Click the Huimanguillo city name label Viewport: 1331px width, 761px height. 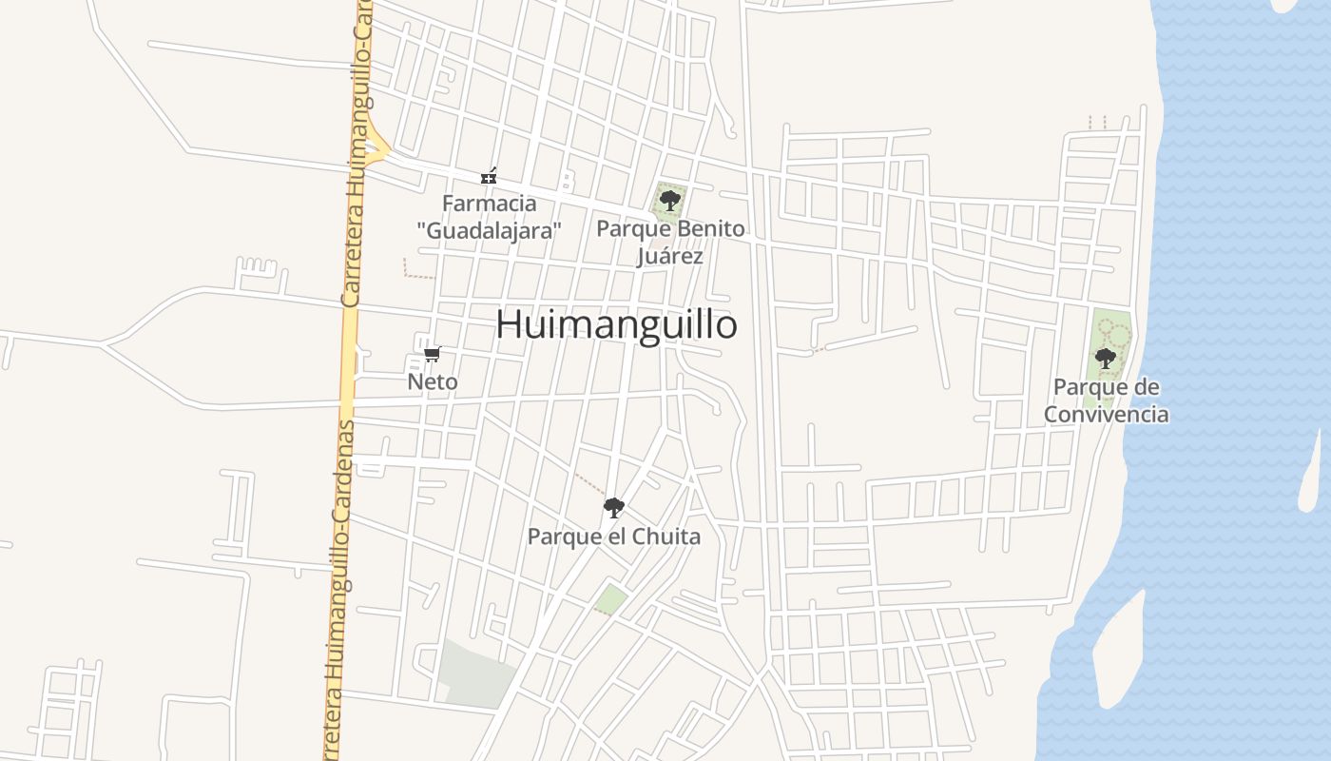click(616, 324)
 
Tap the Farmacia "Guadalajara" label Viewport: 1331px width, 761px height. click(490, 217)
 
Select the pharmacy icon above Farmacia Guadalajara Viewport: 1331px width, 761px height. click(489, 176)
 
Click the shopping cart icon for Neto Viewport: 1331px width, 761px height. click(432, 355)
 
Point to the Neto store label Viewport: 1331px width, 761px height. click(433, 382)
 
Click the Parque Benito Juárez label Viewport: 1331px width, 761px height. click(670, 243)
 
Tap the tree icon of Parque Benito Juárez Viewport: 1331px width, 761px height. click(669, 200)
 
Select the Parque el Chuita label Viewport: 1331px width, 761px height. click(614, 537)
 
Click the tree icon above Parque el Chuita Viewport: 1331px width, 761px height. click(614, 507)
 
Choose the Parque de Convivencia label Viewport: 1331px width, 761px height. click(1107, 400)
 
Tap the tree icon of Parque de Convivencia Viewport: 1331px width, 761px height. click(1105, 359)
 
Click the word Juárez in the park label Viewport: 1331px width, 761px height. click(670, 256)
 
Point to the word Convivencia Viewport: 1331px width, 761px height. click(1107, 415)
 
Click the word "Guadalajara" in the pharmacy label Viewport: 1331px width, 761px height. click(490, 230)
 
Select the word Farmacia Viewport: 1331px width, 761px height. click(490, 204)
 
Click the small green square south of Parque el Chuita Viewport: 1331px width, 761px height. click(611, 599)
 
